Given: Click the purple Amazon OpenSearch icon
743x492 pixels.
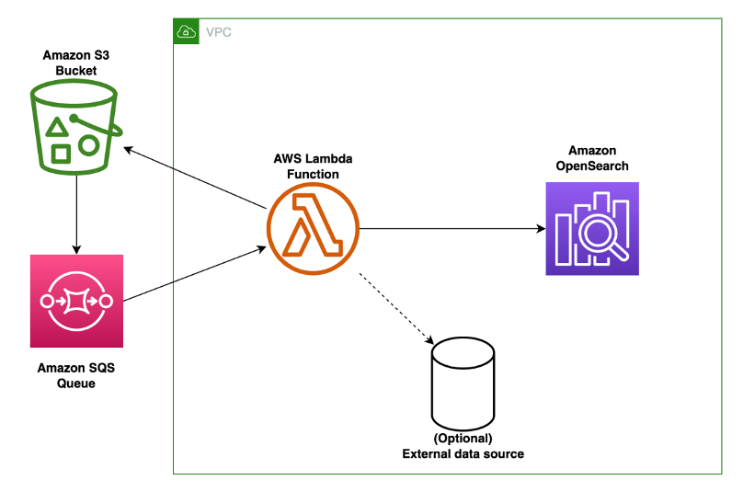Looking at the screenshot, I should [x=591, y=228].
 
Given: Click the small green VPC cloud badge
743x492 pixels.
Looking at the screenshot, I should [x=187, y=31].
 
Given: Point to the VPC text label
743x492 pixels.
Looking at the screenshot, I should [x=219, y=32].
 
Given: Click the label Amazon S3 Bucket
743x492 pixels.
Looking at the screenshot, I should [x=75, y=63].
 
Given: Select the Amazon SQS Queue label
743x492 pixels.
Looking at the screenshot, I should [x=76, y=374].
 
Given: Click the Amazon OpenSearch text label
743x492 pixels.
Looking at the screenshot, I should [x=591, y=157].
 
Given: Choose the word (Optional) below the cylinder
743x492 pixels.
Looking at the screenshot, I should [x=463, y=438].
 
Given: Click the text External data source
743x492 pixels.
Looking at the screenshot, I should [x=463, y=453].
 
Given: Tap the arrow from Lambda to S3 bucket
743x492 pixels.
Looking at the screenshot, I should [x=198, y=177].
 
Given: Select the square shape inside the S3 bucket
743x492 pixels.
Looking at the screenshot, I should [x=61, y=153].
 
